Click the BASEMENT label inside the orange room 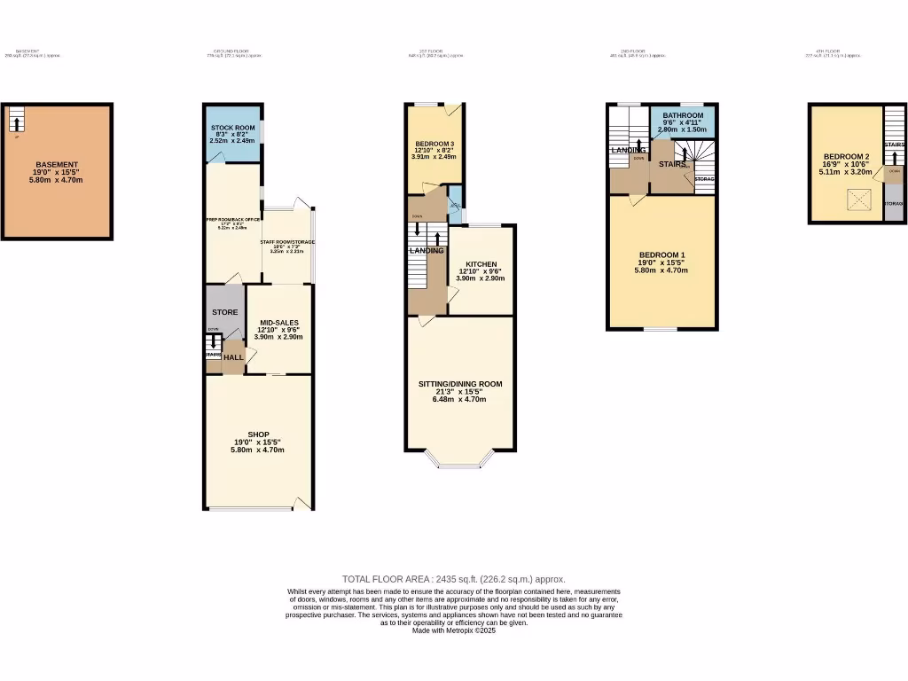(x=57, y=165)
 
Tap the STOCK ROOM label (x=232, y=129)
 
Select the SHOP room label (x=258, y=434)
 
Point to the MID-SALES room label (x=279, y=323)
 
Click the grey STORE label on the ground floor (x=224, y=312)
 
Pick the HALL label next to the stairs (x=233, y=357)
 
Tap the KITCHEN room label (x=480, y=264)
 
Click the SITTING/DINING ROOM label (x=460, y=384)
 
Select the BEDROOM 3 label (x=434, y=145)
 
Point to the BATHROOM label (x=683, y=116)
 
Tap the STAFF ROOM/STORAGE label (x=287, y=242)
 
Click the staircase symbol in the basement (x=16, y=119)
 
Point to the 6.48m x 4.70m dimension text (x=460, y=399)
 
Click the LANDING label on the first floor (x=426, y=251)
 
